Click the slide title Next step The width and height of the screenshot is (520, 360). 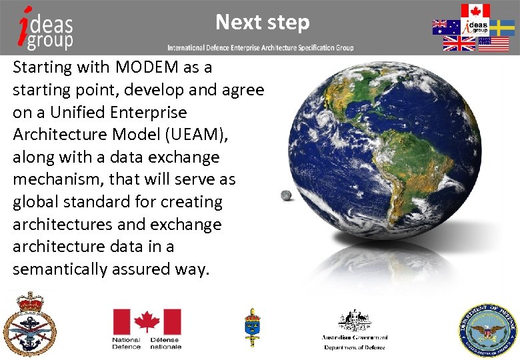click(x=262, y=23)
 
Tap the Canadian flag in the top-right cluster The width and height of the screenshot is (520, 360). click(x=475, y=11)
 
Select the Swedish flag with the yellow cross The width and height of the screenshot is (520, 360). click(x=502, y=27)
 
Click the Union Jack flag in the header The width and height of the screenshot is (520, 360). click(x=459, y=44)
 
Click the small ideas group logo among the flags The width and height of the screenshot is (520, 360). click(x=475, y=27)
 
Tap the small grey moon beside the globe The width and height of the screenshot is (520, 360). click(x=286, y=195)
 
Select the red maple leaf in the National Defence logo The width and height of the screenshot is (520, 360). click(x=146, y=322)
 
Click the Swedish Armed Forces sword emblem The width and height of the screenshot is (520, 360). click(x=251, y=327)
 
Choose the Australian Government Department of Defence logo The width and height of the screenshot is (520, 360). click(x=355, y=329)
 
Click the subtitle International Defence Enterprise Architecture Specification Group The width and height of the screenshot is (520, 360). click(x=261, y=48)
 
